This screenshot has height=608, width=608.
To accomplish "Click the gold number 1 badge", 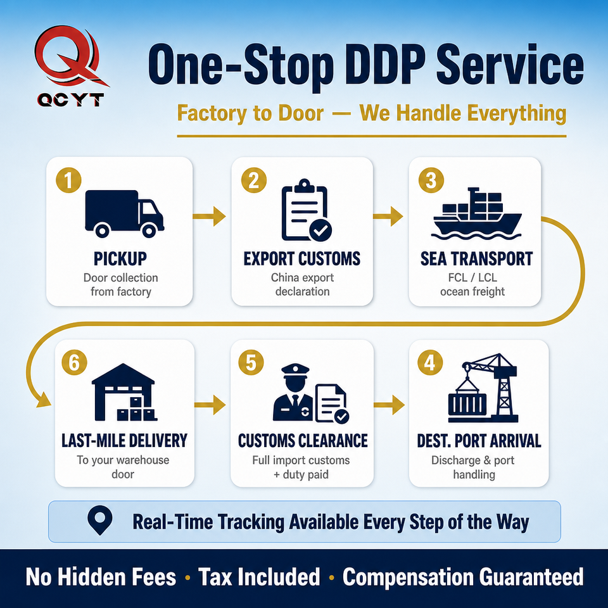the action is click(68, 180).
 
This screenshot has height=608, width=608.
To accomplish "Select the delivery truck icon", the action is click(124, 213).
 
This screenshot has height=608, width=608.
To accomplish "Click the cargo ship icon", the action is click(477, 213).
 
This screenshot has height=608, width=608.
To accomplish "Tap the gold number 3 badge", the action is click(431, 180).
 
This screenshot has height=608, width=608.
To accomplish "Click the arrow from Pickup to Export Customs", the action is click(210, 216).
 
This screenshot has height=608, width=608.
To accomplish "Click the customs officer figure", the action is click(293, 393).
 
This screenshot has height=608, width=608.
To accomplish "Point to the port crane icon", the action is click(483, 388).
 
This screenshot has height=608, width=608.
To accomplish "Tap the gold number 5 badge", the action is click(251, 362).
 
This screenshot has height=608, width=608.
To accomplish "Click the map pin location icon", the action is click(100, 520).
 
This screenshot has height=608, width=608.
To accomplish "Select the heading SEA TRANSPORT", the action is click(476, 258).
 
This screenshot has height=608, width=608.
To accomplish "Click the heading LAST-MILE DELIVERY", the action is click(125, 441).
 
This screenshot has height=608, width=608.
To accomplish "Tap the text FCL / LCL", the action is click(472, 277).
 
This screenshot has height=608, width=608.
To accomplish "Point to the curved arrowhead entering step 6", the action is click(44, 400).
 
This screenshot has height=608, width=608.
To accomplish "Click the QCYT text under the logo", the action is click(70, 100).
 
